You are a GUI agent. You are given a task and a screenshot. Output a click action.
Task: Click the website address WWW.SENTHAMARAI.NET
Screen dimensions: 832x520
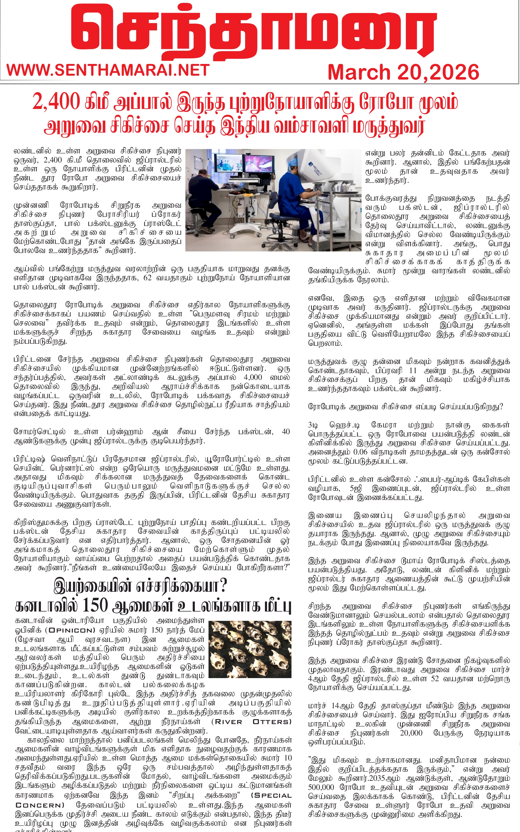tap(108, 70)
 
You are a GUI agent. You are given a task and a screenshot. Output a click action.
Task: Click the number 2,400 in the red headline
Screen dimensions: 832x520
tap(56, 102)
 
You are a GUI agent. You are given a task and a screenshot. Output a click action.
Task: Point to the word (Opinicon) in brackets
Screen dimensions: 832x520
tap(71, 630)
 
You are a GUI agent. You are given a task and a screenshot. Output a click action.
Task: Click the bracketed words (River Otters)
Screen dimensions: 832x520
tap(251, 722)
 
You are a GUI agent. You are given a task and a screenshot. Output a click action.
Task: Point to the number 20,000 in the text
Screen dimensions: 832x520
tap(411, 733)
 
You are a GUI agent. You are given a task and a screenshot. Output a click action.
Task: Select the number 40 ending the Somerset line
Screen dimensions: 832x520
tap(285, 432)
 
